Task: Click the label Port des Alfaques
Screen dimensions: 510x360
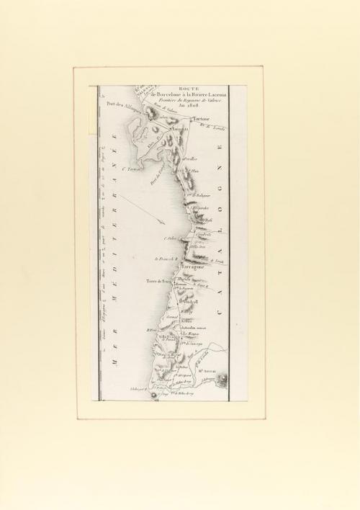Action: point(123,104)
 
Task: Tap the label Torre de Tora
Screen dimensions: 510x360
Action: point(158,282)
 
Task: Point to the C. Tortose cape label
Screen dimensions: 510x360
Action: point(135,171)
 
